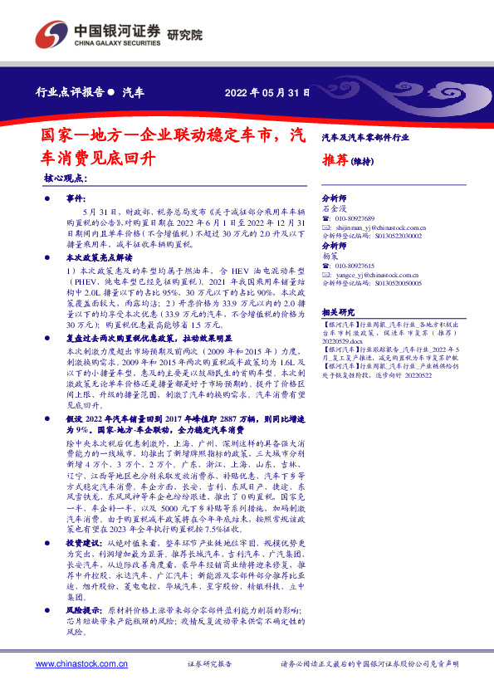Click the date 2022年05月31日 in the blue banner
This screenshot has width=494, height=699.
[x=267, y=93]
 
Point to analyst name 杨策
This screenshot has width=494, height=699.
[x=330, y=257]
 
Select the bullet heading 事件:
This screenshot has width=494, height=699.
[x=76, y=200]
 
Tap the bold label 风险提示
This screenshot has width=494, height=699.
[x=83, y=609]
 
